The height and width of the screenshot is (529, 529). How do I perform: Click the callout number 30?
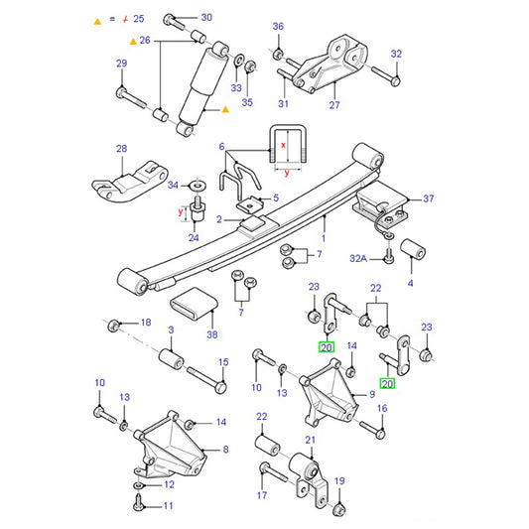[x=206, y=18]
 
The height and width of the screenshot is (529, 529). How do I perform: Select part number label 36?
[x=278, y=26]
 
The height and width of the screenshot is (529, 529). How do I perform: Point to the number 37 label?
[x=429, y=198]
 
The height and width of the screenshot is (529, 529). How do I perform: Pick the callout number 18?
[x=145, y=323]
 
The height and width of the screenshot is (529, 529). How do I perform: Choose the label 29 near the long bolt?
[x=122, y=65]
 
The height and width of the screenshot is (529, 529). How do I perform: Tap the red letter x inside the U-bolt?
[x=284, y=145]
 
